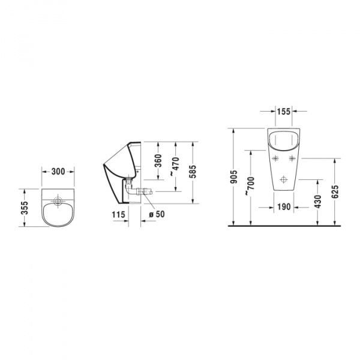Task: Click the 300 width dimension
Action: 58,171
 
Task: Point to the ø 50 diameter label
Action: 156,214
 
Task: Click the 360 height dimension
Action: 158,161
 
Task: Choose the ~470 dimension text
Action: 175,165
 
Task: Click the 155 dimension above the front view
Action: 284,111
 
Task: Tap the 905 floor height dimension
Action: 234,176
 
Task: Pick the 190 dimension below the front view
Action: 284,206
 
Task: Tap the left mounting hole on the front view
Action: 275,158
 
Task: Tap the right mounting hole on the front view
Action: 293,158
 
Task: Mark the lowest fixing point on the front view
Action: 284,178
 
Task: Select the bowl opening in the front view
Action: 284,140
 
